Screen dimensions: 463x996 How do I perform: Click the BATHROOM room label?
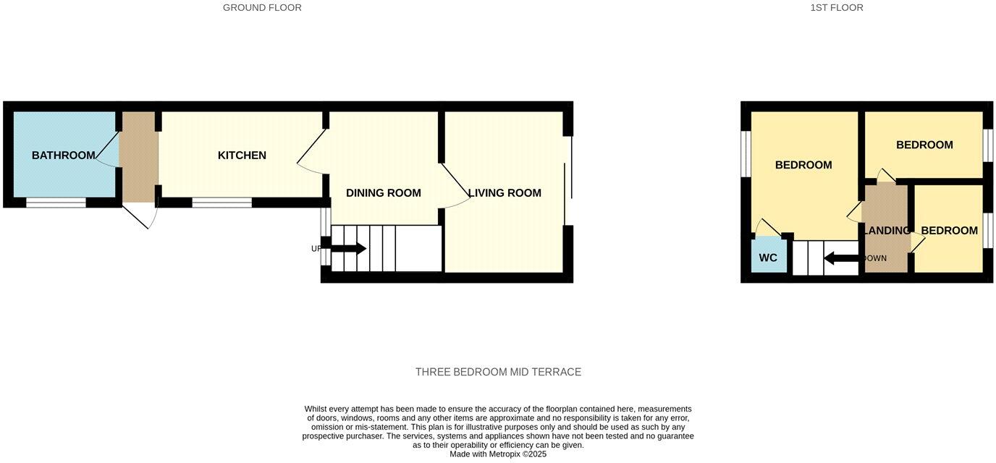coord(63,156)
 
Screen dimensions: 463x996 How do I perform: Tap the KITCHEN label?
coord(242,156)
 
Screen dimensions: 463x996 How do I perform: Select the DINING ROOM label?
coord(383,193)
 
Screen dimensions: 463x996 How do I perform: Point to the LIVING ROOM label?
coord(505,193)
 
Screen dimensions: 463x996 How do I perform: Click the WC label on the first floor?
coord(768,258)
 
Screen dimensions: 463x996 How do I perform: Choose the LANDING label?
coord(887,231)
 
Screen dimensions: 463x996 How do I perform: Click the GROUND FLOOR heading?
coord(262,8)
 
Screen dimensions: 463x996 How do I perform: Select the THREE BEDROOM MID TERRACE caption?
coord(498,372)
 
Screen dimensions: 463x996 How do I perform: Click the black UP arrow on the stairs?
coord(348,249)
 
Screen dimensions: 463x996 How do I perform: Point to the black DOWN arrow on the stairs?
coord(840,258)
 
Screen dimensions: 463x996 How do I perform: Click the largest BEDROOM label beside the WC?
coord(803,165)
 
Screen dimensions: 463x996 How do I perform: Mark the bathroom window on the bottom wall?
coord(56,203)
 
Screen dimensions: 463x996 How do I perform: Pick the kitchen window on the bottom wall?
coord(221,203)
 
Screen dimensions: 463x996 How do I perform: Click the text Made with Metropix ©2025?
coord(498,454)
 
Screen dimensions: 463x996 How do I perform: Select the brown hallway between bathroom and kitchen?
coord(138,156)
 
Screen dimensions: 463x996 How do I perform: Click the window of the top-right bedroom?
coord(987,145)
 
